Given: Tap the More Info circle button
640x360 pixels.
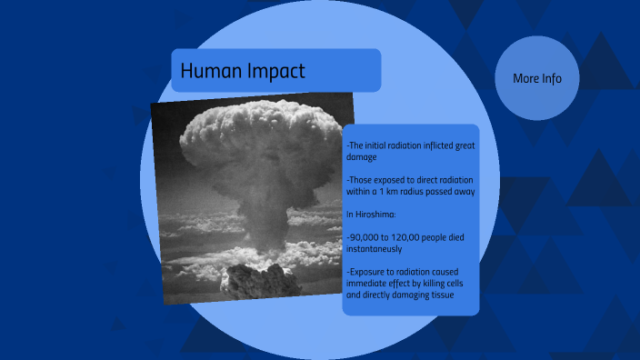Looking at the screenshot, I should [537, 78].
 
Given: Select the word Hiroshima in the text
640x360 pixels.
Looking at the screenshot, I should [374, 215].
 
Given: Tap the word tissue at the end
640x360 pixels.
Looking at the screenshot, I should [440, 295].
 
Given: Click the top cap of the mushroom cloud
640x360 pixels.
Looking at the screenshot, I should [251, 127].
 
